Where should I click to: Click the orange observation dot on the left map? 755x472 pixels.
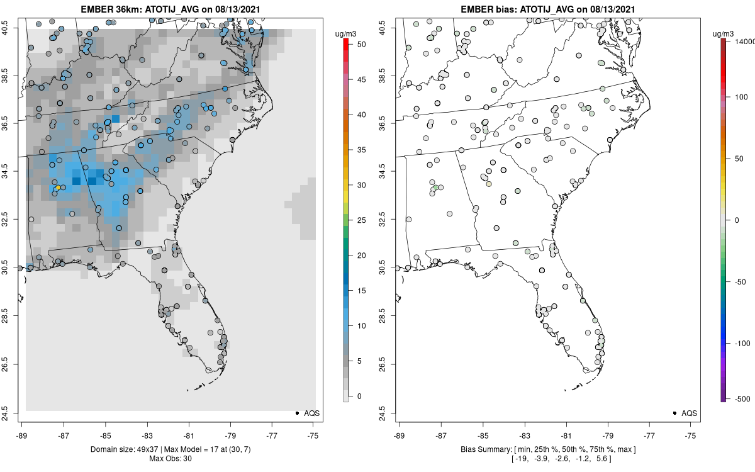[58, 188]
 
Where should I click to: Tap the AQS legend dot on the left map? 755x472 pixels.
[296, 413]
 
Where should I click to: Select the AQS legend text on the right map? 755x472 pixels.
[690, 413]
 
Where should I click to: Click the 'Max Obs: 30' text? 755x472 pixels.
[171, 458]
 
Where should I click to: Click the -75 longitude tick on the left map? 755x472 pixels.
[314, 434]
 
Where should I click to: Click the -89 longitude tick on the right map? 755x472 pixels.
[400, 434]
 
